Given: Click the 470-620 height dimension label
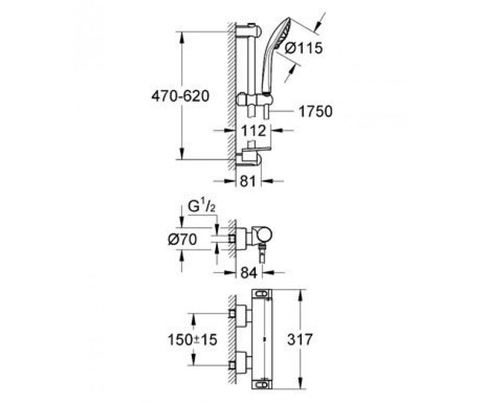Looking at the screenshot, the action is (181, 96).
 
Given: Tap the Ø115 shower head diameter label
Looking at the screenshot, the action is (303, 48).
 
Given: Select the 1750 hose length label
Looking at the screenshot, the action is (315, 112).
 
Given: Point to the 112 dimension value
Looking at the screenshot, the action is (253, 131).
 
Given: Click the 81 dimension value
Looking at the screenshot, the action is (248, 181).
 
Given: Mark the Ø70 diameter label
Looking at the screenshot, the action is (182, 239).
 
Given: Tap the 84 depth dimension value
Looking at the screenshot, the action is (248, 273).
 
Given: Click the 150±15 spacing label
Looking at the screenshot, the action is (192, 340).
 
